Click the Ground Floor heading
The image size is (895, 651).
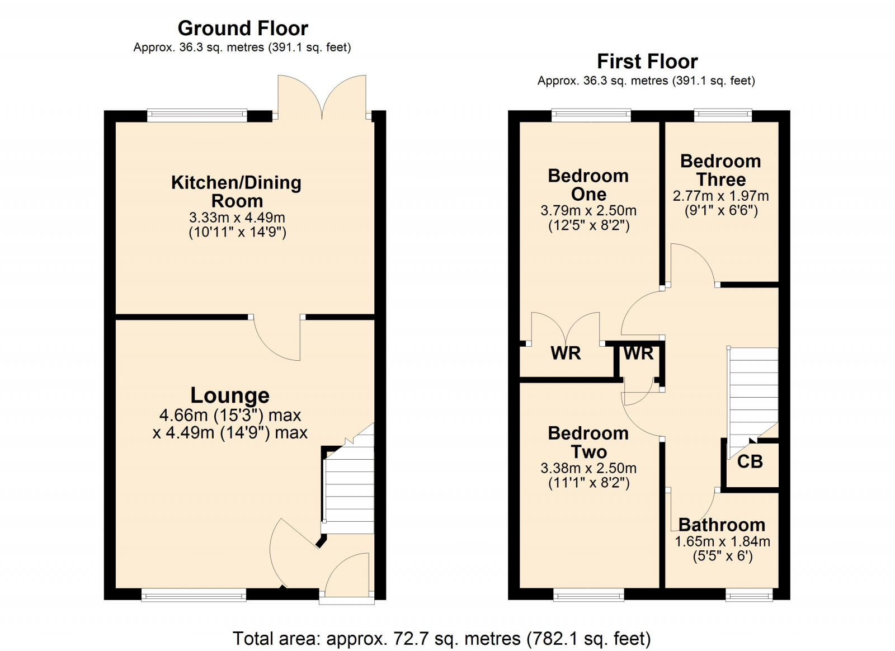pyautogui.click(x=243, y=28)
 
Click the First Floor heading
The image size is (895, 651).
pyautogui.click(x=647, y=61)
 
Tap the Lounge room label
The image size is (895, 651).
pyautogui.click(x=230, y=395)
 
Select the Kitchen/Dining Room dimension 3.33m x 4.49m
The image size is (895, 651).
pyautogui.click(x=237, y=218)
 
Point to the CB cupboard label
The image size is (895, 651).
pyautogui.click(x=750, y=461)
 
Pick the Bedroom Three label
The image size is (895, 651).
pyautogui.click(x=720, y=170)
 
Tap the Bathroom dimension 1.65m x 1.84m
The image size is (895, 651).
pyautogui.click(x=722, y=541)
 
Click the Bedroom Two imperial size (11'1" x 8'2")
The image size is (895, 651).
pyautogui.click(x=588, y=483)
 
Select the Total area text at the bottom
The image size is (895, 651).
pyautogui.click(x=441, y=638)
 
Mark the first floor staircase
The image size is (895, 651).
pyautogui.click(x=753, y=391)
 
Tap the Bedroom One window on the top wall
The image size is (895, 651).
pyautogui.click(x=591, y=115)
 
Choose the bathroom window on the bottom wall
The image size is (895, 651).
pyautogui.click(x=749, y=595)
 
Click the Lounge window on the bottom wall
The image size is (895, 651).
pyautogui.click(x=194, y=595)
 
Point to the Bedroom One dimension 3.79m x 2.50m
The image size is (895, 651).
pyautogui.click(x=588, y=211)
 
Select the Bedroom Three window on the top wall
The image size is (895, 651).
pyautogui.click(x=723, y=115)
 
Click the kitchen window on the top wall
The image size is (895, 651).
pyautogui.click(x=197, y=116)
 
